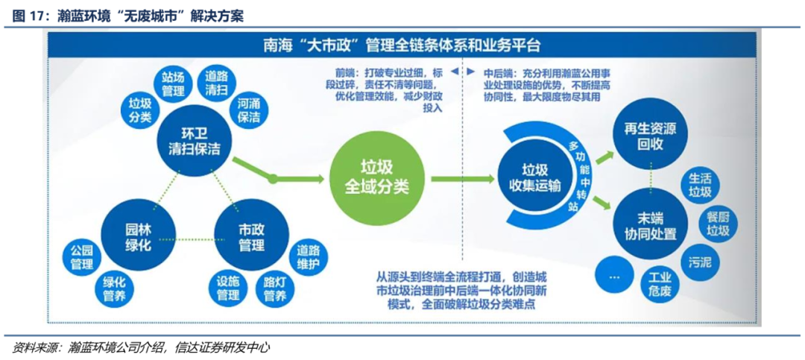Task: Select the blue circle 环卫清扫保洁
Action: coord(194,139)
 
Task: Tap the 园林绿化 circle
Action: coord(138,236)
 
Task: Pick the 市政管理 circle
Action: coord(251,236)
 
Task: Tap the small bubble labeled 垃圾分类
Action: coord(140,110)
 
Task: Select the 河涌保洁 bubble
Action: coord(250,110)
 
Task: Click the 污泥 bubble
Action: coord(699,262)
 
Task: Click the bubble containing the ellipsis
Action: coord(614,275)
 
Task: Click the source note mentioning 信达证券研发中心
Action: coord(142,348)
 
